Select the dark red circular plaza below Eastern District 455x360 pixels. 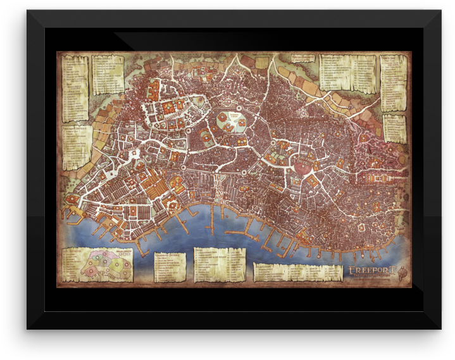coord(303,166)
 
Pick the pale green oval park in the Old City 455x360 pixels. coord(230,120)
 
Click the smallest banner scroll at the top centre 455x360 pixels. coord(302,58)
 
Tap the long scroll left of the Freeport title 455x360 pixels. coord(297,271)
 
